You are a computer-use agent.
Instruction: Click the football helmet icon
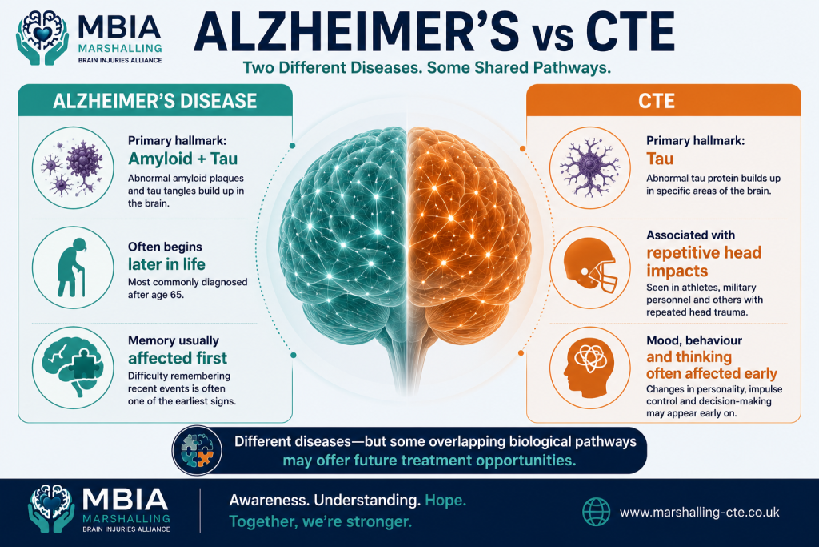[x=590, y=266]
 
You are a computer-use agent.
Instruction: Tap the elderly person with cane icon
[x=72, y=267]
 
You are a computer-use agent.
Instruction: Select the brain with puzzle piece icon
[x=72, y=367]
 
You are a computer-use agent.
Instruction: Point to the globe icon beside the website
[x=596, y=512]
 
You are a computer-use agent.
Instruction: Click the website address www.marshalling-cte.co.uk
[x=699, y=512]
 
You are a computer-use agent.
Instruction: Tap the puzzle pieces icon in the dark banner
[x=197, y=450]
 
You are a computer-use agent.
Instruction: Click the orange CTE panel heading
[x=657, y=100]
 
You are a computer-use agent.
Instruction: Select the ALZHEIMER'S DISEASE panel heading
[x=154, y=100]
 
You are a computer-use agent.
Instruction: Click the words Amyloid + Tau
[x=183, y=159]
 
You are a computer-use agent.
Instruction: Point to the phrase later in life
[x=166, y=264]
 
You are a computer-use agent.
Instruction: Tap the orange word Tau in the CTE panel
[x=660, y=159]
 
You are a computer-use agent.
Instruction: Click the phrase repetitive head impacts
[x=704, y=261]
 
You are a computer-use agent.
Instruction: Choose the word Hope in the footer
[x=445, y=500]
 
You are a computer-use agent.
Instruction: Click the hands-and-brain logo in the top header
[x=42, y=38]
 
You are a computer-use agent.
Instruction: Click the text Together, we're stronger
[x=320, y=521]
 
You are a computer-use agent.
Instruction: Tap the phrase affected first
[x=178, y=358]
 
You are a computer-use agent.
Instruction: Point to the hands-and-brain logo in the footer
[x=50, y=509]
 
